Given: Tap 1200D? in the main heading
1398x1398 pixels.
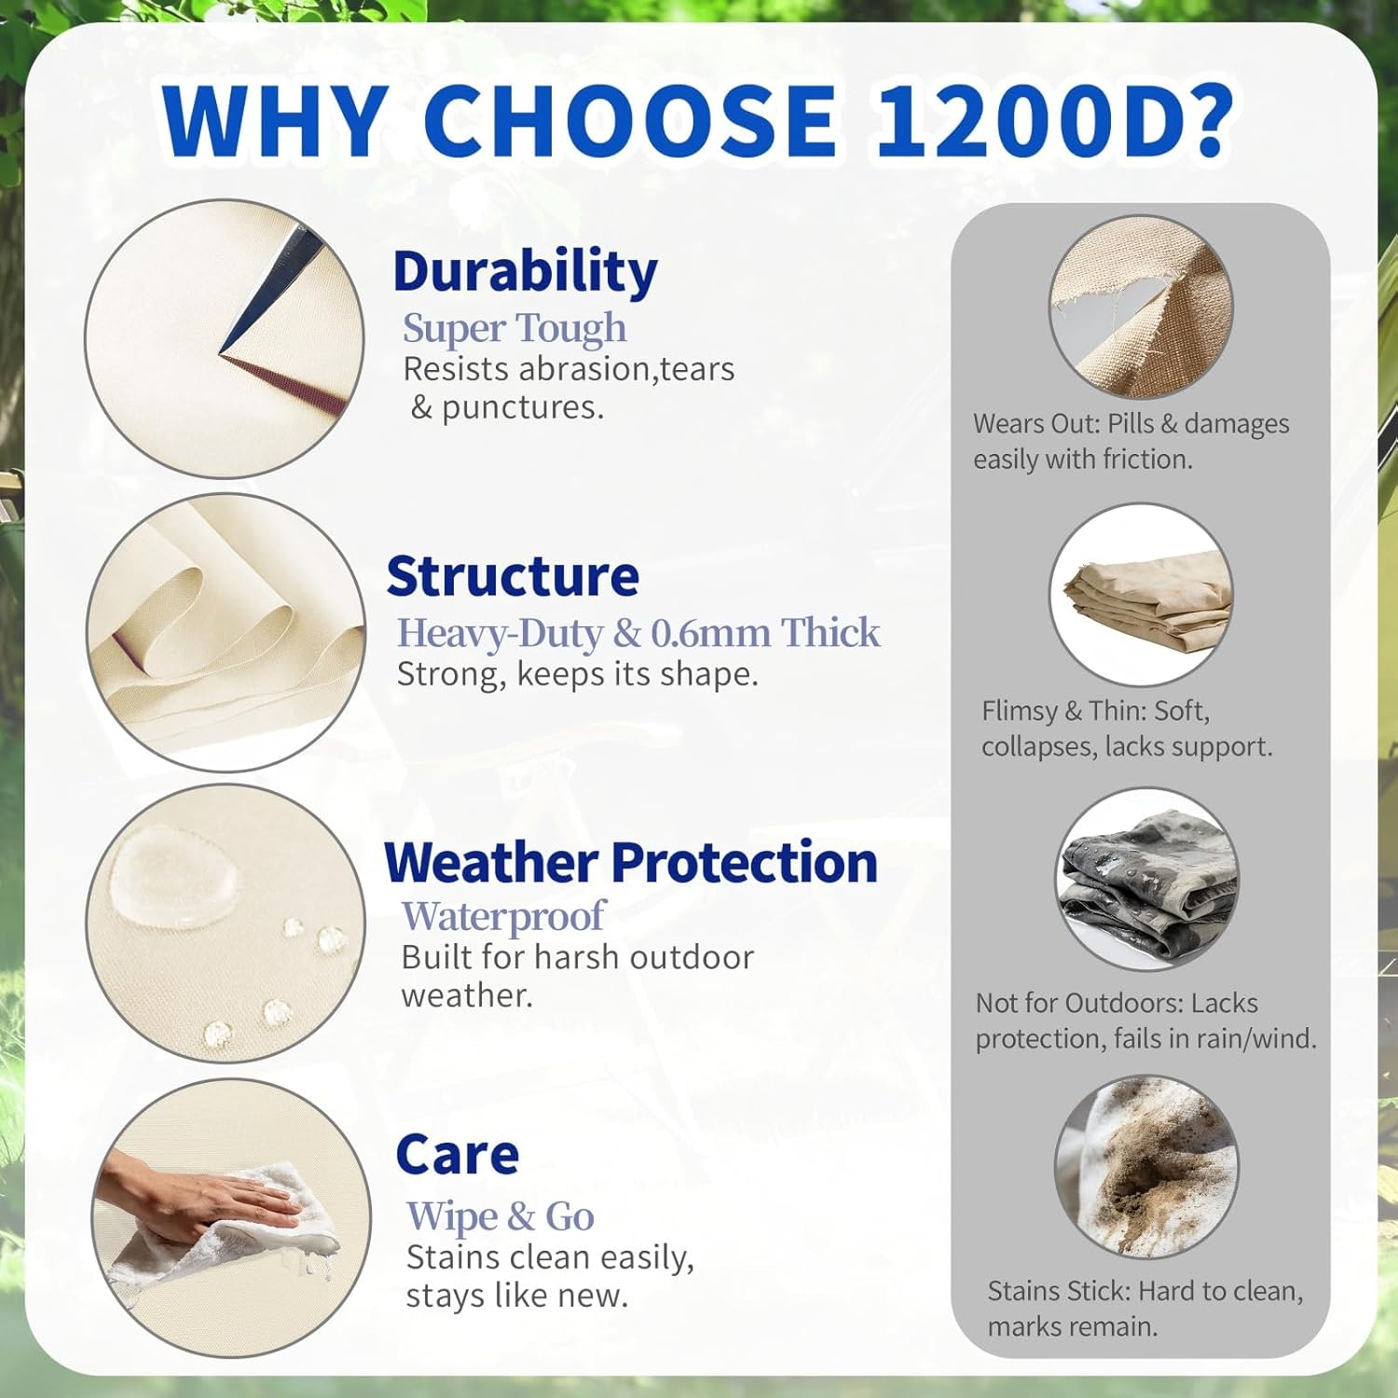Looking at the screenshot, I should click(1053, 121).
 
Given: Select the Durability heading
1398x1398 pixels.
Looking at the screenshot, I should click(525, 271).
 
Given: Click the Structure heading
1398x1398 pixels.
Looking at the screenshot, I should click(513, 576).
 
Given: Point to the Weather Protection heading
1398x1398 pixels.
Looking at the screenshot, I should click(631, 862).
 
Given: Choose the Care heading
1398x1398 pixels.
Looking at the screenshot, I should click(457, 1156).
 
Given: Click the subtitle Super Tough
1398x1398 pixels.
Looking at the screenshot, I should click(514, 328).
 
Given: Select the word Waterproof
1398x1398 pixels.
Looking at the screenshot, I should click(503, 916).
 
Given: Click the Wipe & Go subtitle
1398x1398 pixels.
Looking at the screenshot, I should click(500, 1216).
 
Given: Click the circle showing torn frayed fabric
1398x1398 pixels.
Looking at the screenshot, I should click(1141, 307).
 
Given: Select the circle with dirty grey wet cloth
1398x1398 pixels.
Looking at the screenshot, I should click(1147, 879).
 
